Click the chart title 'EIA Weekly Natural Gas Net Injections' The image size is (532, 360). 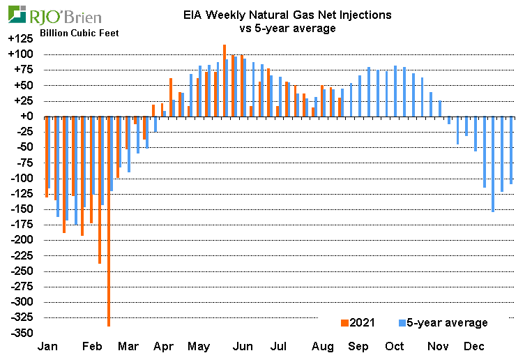point(287,15)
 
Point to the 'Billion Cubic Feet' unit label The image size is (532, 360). point(79,33)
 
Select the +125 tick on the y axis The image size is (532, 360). point(21,39)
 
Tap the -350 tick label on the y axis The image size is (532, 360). point(22,333)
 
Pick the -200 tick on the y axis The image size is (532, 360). point(22,240)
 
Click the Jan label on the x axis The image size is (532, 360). point(47,347)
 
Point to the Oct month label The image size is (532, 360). point(395,347)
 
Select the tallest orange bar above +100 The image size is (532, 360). point(224,80)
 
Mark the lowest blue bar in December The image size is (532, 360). point(493,164)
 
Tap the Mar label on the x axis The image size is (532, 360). point(127,347)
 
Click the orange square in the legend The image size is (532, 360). point(343,322)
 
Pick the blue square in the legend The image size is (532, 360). point(402,322)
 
